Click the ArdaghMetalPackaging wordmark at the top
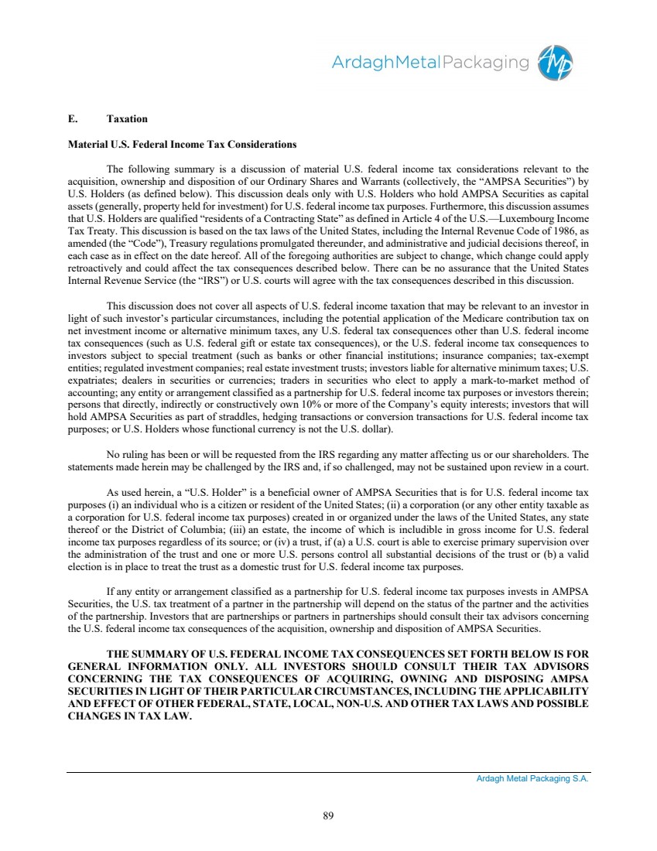click(x=430, y=63)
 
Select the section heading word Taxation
click(x=127, y=119)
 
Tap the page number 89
click(x=328, y=814)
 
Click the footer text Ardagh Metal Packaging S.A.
click(x=532, y=780)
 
